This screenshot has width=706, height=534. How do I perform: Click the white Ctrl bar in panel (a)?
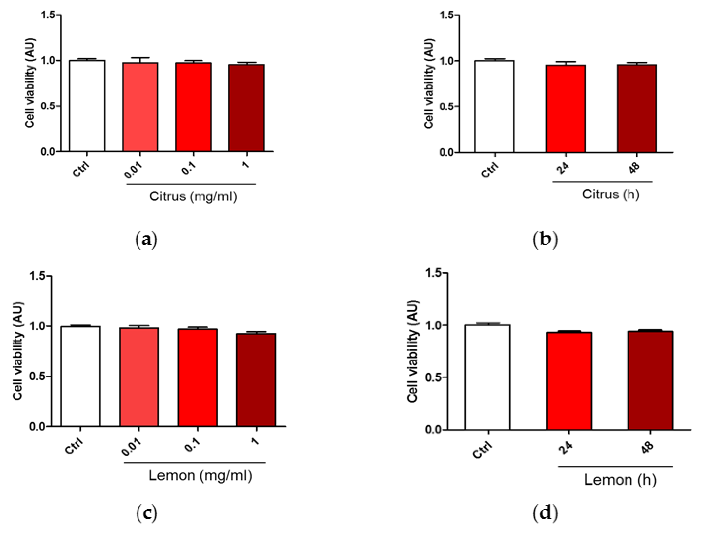coord(87,105)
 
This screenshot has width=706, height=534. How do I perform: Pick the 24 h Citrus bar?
coord(566,109)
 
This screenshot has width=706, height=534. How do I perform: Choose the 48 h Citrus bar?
coord(637,108)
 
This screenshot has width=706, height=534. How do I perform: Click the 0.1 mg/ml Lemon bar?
coord(198,377)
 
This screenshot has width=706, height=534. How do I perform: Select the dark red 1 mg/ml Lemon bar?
coord(256,380)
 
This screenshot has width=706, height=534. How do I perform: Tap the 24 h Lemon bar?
coord(569,381)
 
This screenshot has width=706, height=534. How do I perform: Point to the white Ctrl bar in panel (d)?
coord(487,377)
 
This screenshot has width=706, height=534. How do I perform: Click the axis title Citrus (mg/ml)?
coord(193,196)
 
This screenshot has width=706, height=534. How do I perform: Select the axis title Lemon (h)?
coord(620,479)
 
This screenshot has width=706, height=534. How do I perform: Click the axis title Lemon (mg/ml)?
coord(200,475)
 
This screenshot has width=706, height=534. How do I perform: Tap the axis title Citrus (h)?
coord(611,194)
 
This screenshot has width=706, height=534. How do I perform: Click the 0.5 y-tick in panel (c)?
coord(37,376)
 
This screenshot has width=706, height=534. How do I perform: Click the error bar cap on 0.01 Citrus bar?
coord(140,58)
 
